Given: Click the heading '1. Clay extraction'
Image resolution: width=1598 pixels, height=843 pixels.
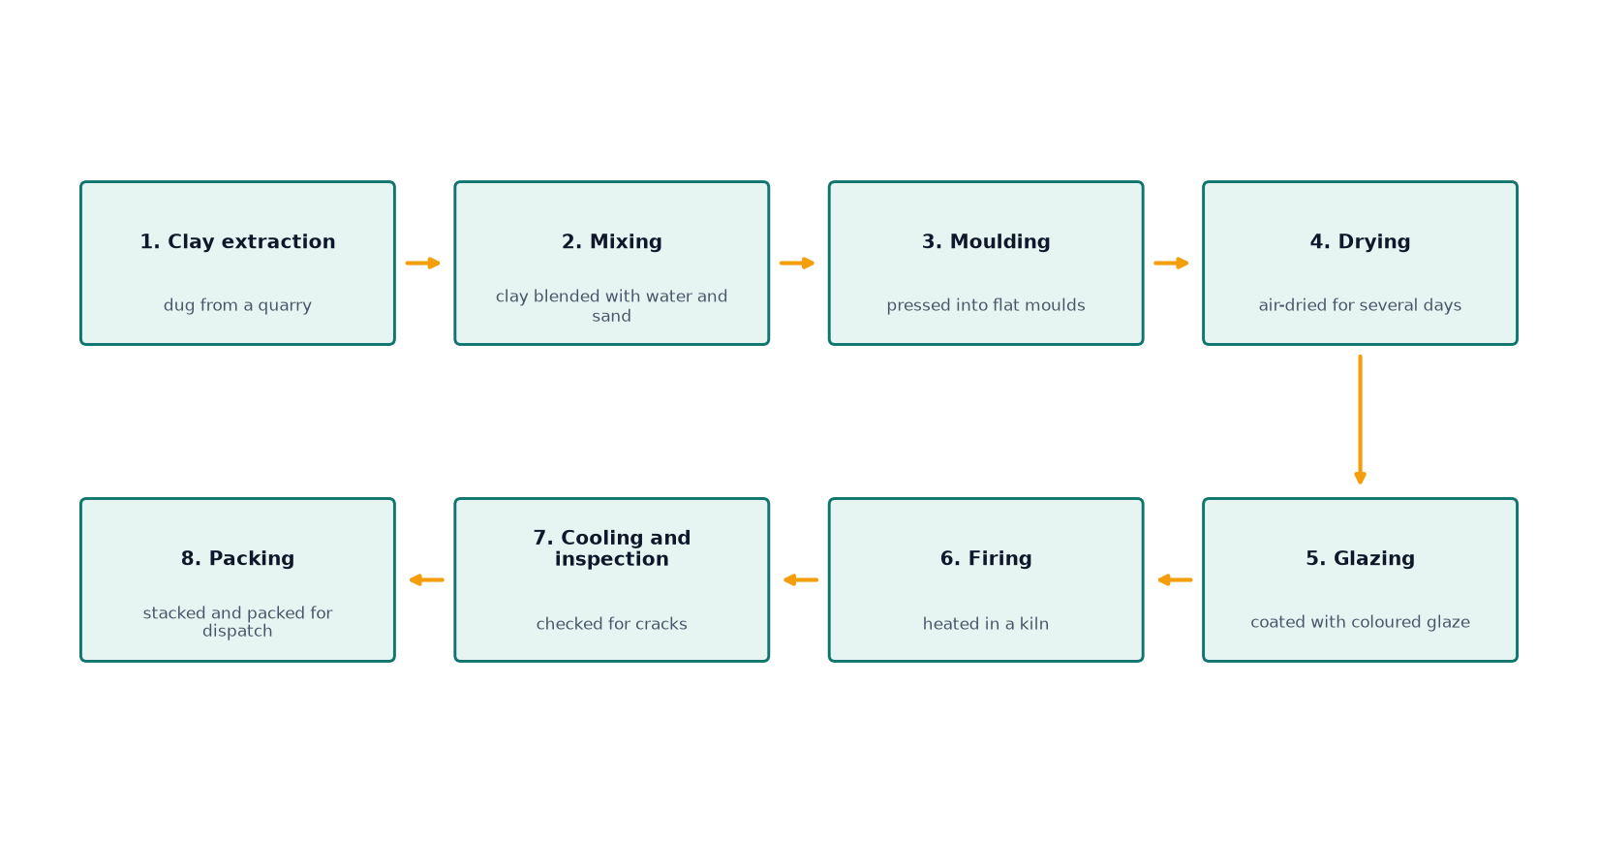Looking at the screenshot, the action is (237, 242).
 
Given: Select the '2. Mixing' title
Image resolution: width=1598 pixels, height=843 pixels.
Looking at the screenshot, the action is (611, 242).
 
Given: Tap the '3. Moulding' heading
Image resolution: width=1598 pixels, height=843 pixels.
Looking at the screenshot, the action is (986, 242).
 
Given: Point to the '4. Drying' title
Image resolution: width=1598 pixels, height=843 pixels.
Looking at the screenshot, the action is (1360, 242).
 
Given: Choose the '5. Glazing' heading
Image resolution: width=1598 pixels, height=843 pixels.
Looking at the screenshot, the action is (1360, 559).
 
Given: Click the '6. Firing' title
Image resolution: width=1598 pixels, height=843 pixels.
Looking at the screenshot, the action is (986, 559).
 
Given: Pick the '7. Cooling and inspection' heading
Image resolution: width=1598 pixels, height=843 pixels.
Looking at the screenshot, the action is (611, 548).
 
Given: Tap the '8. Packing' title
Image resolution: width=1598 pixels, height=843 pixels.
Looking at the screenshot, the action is (237, 559).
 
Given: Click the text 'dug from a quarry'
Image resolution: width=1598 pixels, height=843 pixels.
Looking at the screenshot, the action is (237, 305).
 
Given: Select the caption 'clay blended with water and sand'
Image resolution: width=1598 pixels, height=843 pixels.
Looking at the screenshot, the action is (611, 306).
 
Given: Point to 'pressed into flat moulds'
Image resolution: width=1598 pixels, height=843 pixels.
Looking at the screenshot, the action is (986, 305).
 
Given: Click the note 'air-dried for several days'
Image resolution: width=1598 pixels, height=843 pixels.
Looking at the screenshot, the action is (1360, 305).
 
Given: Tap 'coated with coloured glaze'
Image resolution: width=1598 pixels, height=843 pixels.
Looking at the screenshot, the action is (1360, 622).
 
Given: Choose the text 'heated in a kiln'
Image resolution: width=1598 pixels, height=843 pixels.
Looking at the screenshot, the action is (986, 624).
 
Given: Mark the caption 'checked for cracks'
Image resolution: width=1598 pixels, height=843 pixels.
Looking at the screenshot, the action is (611, 624).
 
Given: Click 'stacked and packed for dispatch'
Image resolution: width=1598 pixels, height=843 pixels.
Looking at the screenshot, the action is (237, 622).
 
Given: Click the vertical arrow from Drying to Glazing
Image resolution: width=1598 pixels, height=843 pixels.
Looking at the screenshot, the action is (1360, 420).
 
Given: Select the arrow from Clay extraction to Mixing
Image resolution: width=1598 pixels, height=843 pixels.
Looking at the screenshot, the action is (423, 264).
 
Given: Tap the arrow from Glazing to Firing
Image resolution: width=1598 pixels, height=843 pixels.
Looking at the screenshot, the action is (1174, 580).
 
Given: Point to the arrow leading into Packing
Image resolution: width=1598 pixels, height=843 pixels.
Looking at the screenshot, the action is (426, 580).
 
